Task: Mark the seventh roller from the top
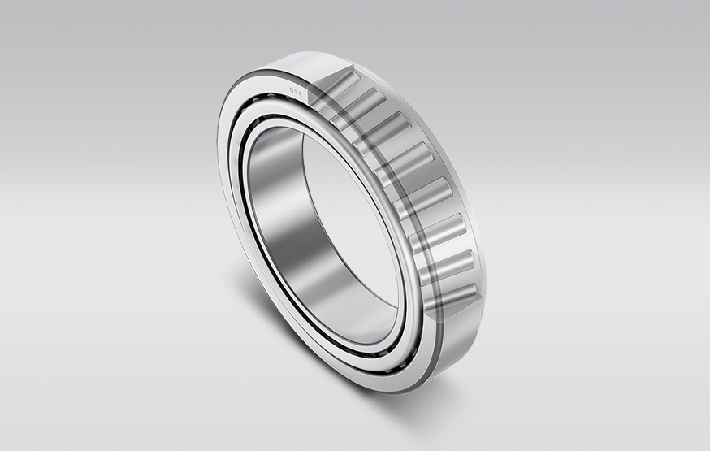tap(445, 264)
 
